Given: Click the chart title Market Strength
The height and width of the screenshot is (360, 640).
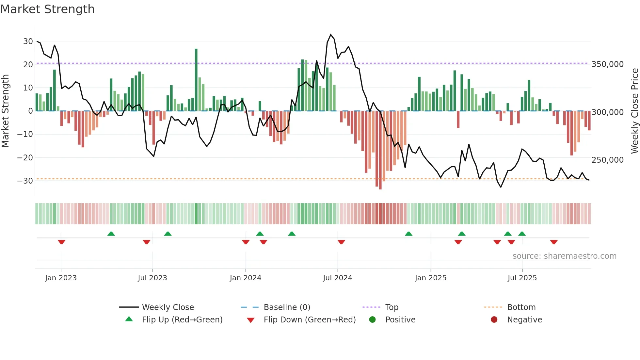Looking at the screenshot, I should coord(47,9).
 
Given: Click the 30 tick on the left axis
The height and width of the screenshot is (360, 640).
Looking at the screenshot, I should coord(28,41).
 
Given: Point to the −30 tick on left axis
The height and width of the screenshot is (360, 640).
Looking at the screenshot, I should coord(25,181).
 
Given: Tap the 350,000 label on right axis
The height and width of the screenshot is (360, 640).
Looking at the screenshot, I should coord(607,64).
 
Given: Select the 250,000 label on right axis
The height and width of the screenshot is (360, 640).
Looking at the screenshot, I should coord(607,160).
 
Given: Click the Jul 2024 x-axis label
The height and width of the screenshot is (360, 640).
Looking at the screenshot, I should coord(337,278).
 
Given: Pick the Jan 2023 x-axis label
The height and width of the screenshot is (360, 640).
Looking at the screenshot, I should coord(61,278).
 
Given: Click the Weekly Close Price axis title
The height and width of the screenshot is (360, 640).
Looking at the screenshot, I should coord(634,111).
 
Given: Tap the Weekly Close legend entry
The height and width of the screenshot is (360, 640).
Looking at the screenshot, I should coord(168,307).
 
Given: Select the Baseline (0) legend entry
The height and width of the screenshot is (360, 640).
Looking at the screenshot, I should coord(287,307).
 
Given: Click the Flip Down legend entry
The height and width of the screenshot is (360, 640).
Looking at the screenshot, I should coord(309,320).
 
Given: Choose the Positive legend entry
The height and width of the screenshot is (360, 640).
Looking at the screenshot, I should coord(400,320).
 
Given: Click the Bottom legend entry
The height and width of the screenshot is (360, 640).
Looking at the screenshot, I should coord(521,307).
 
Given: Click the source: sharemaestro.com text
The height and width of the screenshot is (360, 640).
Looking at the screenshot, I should coord(564,256).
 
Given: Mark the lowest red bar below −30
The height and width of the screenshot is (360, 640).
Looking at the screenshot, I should coord(380,150).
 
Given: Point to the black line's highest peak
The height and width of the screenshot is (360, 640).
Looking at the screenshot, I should coord(331,34).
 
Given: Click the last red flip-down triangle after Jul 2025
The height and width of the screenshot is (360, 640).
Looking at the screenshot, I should coord(553,242).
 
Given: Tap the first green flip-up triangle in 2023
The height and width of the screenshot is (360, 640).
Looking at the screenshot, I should coord(111,234).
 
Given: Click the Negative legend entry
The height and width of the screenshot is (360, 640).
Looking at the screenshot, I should coord(524,320).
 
